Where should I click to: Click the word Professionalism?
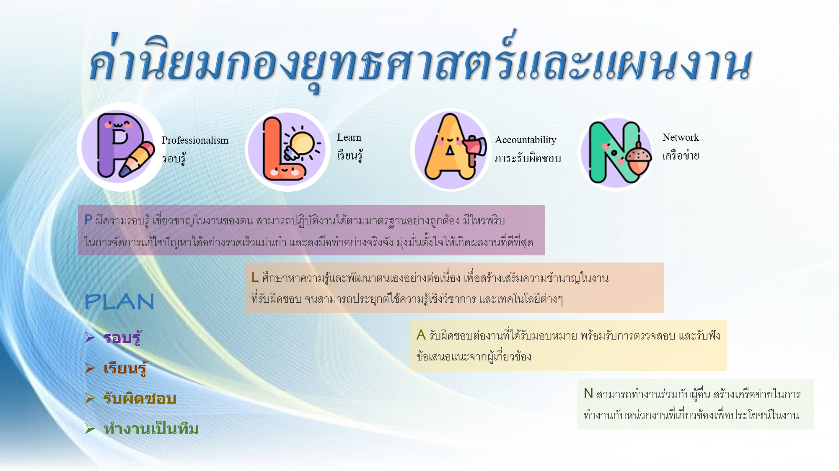tap(195, 140)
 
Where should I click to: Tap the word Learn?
tap(349, 137)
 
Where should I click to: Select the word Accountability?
tap(526, 140)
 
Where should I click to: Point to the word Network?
tap(681, 137)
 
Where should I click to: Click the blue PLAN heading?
tap(119, 301)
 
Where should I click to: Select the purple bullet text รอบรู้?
tap(122, 337)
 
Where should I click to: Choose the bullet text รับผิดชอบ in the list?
tap(140, 398)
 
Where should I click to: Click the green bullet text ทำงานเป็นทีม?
tap(151, 429)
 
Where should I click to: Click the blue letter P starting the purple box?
tap(88, 219)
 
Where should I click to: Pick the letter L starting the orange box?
tap(255, 277)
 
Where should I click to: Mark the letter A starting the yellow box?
tap(421, 335)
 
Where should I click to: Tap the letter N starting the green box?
tap(588, 393)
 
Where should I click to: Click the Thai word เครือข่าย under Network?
tap(681, 155)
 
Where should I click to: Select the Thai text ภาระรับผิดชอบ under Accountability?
tap(528, 158)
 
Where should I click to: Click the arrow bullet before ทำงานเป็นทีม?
tap(90, 428)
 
